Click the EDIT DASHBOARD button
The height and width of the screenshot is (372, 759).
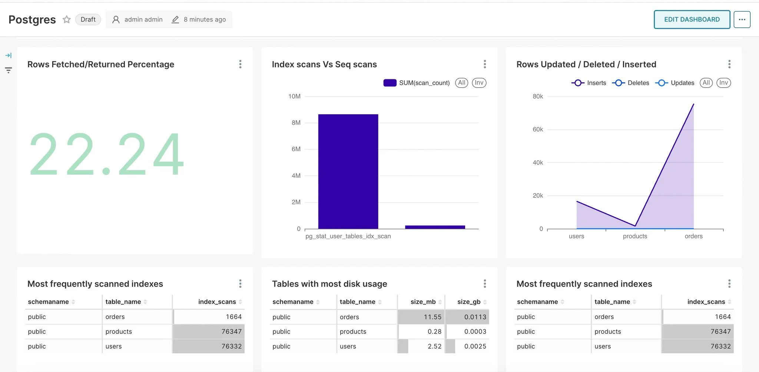click(692, 19)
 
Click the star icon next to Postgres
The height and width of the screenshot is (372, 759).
click(67, 19)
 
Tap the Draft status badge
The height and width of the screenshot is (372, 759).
click(88, 19)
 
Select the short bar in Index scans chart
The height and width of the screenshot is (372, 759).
click(435, 227)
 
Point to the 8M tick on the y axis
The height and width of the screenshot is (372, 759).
click(296, 123)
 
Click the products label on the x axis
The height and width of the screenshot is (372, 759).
click(635, 236)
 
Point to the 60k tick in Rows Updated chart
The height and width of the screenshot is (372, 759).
click(538, 129)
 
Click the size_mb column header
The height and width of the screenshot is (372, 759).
click(423, 302)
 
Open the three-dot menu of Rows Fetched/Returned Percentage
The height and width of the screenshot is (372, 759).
click(240, 64)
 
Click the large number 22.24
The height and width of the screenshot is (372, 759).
click(107, 154)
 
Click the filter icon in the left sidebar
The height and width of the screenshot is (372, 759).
click(9, 70)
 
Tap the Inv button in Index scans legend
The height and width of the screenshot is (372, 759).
click(479, 83)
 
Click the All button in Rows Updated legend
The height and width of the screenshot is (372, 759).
click(706, 83)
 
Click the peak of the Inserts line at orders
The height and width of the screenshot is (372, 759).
click(693, 105)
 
